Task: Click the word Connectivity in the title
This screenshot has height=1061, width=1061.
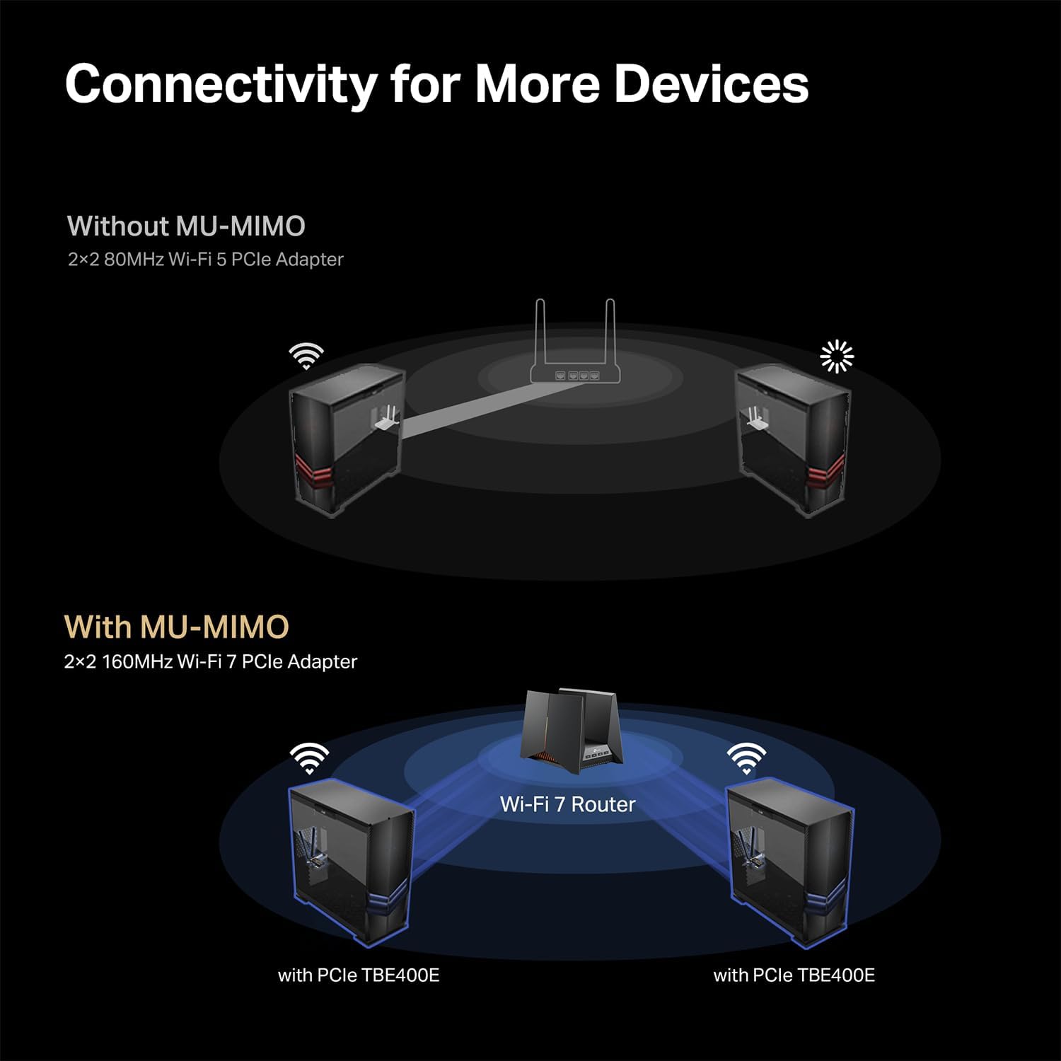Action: (221, 85)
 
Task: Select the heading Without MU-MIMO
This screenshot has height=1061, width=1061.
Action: (186, 226)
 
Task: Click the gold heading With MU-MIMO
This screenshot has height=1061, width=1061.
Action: (177, 627)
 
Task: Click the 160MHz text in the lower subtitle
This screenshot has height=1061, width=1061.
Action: (137, 662)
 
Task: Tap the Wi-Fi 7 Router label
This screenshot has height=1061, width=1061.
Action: (567, 804)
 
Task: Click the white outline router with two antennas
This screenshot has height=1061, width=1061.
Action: (575, 361)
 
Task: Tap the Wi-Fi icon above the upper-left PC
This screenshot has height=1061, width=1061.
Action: (306, 356)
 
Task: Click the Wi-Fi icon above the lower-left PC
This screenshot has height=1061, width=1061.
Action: (309, 758)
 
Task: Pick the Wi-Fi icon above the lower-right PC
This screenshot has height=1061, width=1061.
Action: (746, 758)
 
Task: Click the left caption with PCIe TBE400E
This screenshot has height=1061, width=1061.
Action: (359, 975)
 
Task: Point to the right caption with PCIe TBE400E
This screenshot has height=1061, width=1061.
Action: (794, 975)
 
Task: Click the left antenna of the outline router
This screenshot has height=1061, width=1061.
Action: (540, 332)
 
